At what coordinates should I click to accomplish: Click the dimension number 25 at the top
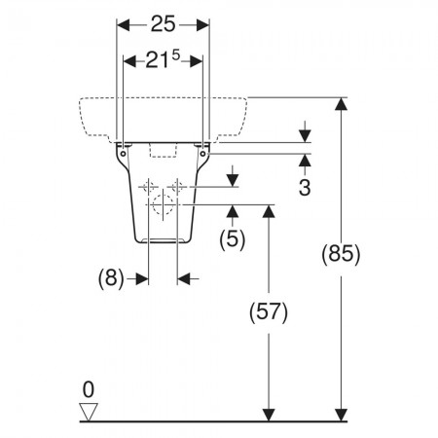163,24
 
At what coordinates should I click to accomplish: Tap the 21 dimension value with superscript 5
163,59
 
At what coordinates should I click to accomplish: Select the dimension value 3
305,187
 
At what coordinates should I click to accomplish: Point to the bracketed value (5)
233,239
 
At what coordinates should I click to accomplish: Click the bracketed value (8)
111,278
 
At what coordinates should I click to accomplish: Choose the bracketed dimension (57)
269,312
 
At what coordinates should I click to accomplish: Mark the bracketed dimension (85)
341,254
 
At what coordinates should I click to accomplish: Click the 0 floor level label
89,389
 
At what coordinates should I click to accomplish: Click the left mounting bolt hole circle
124,154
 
